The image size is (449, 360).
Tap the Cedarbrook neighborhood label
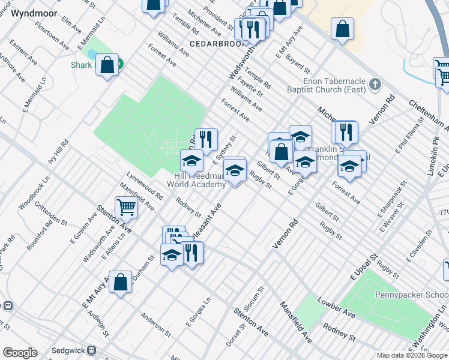[219, 44]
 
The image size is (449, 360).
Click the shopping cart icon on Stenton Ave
[126, 207]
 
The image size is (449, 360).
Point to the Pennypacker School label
[412, 295]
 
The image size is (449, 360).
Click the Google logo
[19, 353]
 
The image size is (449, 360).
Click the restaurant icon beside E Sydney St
[206, 139]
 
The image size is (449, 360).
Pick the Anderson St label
[155, 323]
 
